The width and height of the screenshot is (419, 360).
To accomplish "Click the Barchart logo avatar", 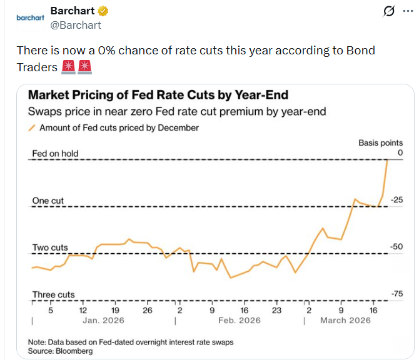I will tap(29, 18).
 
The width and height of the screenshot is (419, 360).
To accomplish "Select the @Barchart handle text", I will tap(75, 25).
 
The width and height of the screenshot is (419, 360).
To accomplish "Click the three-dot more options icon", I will tap(407, 11).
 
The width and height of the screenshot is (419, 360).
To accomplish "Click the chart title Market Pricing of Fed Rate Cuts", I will tap(158, 96).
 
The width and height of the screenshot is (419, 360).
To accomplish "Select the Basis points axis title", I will tap(380, 143).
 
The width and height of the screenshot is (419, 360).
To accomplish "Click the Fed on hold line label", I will tap(55, 154).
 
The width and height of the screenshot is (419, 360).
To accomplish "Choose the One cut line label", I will tap(48, 201).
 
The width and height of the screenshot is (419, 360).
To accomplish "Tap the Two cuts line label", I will tap(50, 247).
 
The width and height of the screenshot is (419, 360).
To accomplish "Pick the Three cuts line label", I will tap(53, 294).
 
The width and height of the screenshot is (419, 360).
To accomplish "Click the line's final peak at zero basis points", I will tap(388, 160).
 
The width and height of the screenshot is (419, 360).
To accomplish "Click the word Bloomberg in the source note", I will tap(74, 351).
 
